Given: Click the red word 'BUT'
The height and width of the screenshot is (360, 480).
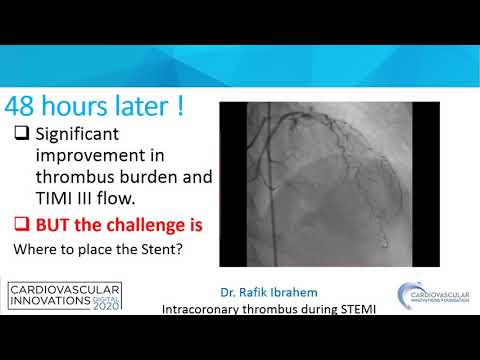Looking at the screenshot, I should pos(56,223).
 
